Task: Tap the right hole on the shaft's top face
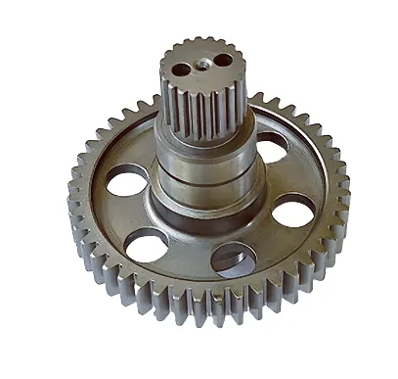(x=224, y=60)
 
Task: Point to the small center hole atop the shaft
(x=203, y=64)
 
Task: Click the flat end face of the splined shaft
(x=203, y=54)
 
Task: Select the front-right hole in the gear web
(x=234, y=259)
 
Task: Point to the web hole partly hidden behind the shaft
(x=272, y=147)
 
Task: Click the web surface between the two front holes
(x=190, y=260)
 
